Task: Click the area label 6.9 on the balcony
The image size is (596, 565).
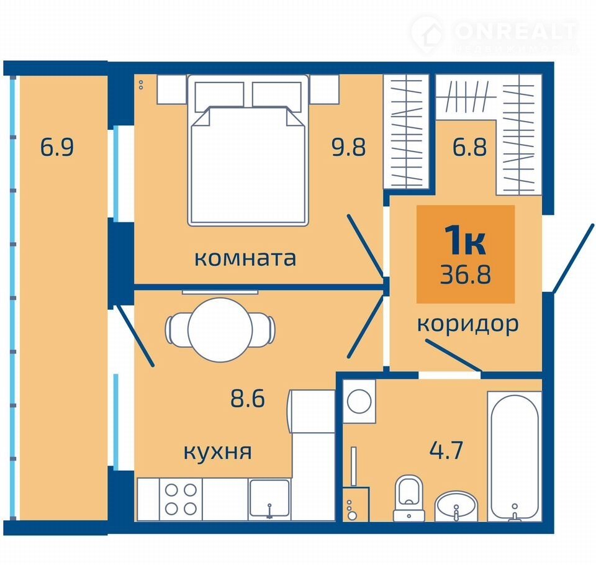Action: tap(57, 147)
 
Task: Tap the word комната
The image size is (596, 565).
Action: tap(245, 258)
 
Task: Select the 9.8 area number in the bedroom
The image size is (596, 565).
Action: tap(348, 147)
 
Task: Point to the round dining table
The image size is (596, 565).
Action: tap(220, 330)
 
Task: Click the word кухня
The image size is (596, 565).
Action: tap(217, 452)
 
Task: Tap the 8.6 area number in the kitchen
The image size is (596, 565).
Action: tap(248, 399)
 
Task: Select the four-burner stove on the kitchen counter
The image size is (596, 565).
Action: tap(181, 499)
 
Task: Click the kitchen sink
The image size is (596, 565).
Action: tap(269, 499)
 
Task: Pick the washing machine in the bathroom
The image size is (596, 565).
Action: tap(359, 401)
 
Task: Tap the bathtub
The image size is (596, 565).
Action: tap(515, 456)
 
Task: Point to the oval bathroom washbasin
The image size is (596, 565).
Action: tap(456, 507)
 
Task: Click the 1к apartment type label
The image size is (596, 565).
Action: tap(465, 240)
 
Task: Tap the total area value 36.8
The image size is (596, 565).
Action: tap(466, 274)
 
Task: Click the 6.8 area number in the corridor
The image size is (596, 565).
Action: tap(469, 147)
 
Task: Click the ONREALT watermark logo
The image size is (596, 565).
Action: tap(495, 33)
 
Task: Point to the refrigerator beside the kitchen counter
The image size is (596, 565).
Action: tap(312, 411)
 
